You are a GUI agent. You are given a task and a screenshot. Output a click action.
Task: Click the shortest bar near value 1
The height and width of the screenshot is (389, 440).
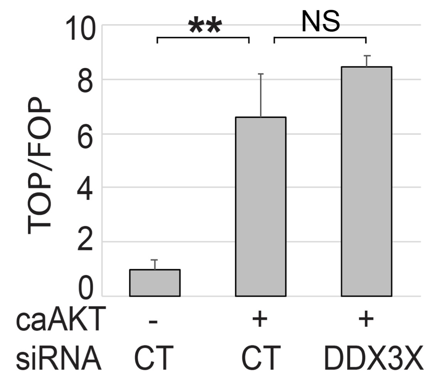pyautogui.click(x=155, y=283)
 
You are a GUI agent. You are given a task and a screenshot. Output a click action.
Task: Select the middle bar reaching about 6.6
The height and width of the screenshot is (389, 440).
pyautogui.click(x=260, y=206)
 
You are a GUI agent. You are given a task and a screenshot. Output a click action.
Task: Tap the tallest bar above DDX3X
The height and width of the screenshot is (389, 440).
pyautogui.click(x=366, y=181)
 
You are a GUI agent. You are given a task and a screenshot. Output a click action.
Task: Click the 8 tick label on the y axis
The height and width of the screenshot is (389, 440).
pyautogui.click(x=86, y=80)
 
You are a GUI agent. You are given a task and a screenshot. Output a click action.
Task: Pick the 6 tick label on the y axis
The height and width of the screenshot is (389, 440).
pyautogui.click(x=86, y=134)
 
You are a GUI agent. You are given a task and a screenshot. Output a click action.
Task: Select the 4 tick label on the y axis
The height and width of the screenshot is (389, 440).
pyautogui.click(x=86, y=188)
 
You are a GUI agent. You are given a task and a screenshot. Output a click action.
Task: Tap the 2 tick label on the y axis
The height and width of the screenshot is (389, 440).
pyautogui.click(x=86, y=242)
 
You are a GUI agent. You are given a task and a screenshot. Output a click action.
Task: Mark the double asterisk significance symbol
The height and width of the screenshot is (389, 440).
pyautogui.click(x=205, y=26)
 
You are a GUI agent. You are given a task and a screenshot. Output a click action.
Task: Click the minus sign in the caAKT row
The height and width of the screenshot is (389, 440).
pyautogui.click(x=153, y=321)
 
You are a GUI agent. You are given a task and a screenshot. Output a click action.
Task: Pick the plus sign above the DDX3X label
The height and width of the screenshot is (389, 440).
pyautogui.click(x=366, y=320)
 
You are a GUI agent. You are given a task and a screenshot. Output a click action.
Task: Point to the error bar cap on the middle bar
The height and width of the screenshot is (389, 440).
pyautogui.click(x=260, y=74)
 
